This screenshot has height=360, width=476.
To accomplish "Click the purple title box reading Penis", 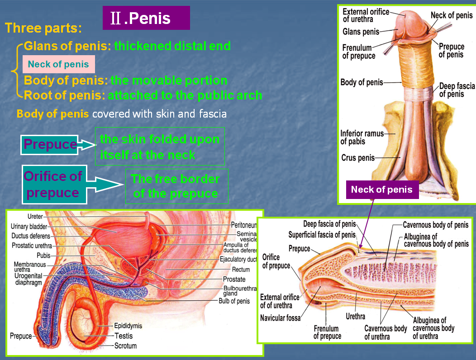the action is (x=146, y=18).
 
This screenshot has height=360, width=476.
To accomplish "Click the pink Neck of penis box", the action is (x=58, y=64).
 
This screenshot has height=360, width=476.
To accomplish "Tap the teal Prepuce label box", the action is (x=49, y=145).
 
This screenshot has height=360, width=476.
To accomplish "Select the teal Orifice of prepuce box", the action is (x=54, y=185).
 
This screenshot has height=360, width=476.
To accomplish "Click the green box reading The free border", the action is (x=176, y=186).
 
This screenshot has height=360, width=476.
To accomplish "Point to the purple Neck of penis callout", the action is (x=382, y=189).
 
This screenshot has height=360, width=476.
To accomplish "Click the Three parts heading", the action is (x=43, y=28).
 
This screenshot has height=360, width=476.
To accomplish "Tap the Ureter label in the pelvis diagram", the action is (x=35, y=217).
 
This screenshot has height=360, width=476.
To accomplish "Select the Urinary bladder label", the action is (x=29, y=227).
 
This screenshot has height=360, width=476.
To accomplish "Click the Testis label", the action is (x=124, y=336).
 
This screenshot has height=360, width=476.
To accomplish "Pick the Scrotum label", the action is (x=125, y=346).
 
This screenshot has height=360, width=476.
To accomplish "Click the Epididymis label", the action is (x=128, y=326).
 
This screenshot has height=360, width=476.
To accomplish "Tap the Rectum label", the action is (x=241, y=270).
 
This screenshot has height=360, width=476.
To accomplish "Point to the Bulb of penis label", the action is (x=234, y=301).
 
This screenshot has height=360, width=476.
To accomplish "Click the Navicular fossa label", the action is (x=281, y=318).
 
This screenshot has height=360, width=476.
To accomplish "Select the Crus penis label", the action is (x=358, y=158).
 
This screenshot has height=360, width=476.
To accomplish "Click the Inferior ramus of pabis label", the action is (x=362, y=137).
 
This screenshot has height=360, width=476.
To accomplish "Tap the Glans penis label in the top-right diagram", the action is (x=361, y=32).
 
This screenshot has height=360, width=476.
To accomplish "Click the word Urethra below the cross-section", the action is (x=356, y=316).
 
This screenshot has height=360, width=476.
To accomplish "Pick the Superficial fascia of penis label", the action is (x=322, y=235).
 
